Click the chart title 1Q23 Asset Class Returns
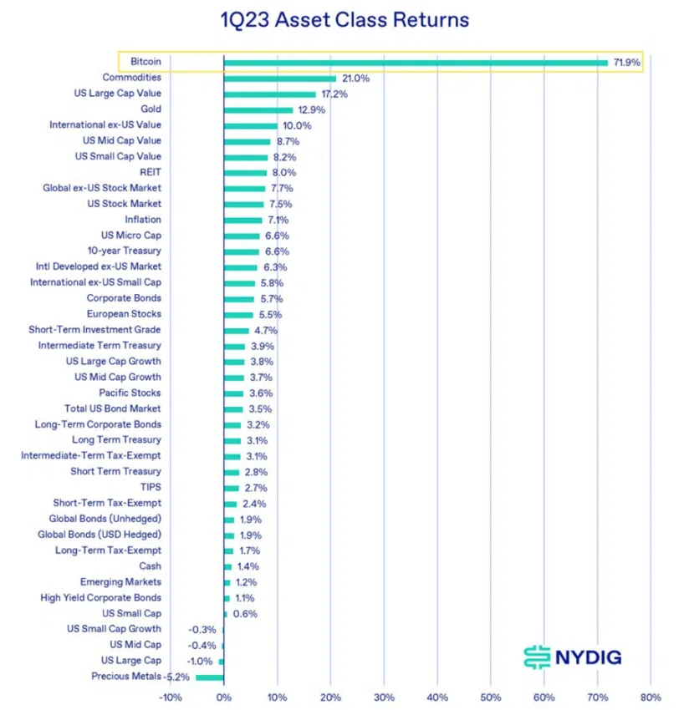click(344, 19)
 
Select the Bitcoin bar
click(416, 63)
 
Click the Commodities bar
click(279, 79)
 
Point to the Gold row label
click(151, 109)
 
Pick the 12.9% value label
click(311, 109)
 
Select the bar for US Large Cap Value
click(269, 94)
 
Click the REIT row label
click(151, 172)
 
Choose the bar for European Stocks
click(238, 314)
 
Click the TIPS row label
click(151, 487)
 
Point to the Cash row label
click(151, 566)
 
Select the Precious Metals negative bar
click(209, 677)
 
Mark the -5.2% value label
click(177, 677)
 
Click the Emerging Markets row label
click(121, 582)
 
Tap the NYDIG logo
click(573, 657)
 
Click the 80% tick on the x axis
click(651, 697)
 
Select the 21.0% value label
click(355, 79)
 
